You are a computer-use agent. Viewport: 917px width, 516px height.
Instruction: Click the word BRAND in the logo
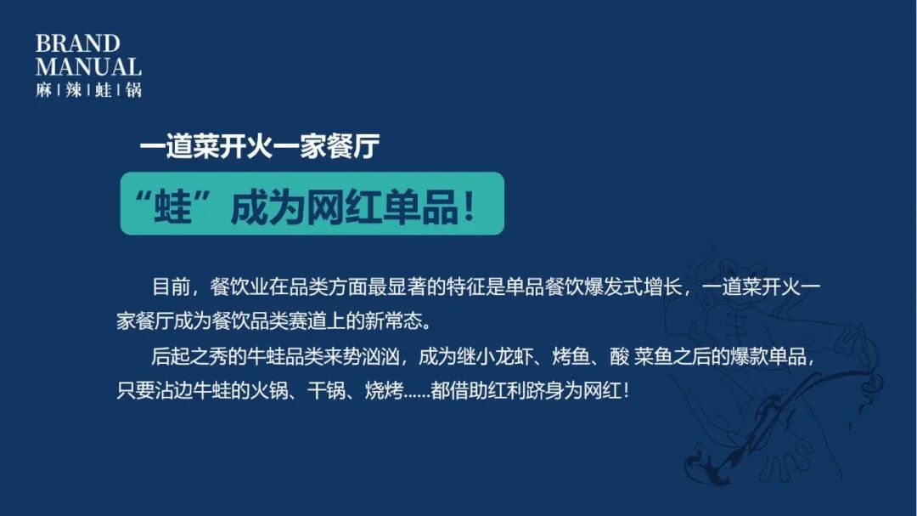click(x=77, y=44)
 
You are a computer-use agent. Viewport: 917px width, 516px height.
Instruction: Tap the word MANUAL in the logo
click(x=88, y=66)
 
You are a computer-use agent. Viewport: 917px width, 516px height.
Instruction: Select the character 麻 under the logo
click(x=44, y=89)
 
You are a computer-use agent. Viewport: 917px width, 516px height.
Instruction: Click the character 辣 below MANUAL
click(x=74, y=89)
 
